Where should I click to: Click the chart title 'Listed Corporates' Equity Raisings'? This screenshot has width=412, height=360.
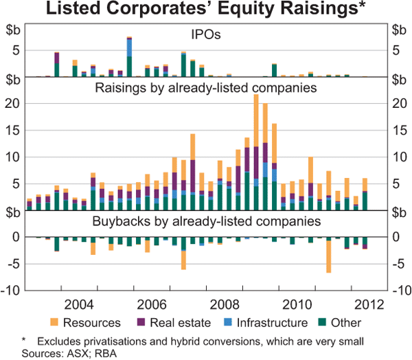(207, 10)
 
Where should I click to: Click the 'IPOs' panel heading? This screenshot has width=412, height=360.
(207, 34)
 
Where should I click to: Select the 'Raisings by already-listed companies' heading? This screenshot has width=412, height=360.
(207, 89)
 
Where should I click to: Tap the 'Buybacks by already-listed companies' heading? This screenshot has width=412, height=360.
(207, 221)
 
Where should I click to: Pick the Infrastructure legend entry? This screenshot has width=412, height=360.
(264, 322)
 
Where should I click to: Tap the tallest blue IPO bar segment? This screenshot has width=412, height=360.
(129, 47)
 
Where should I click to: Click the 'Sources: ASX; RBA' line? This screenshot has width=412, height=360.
(60, 352)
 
